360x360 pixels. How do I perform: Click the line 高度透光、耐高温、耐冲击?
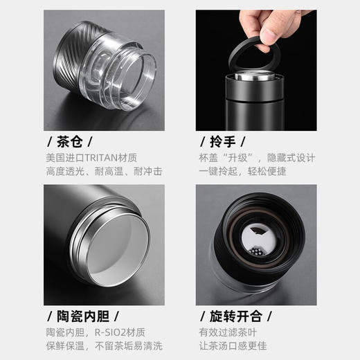click(105, 171)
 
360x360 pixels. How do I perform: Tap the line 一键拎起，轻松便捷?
click(242, 171)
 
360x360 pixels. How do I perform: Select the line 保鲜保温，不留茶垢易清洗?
click(105, 345)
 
